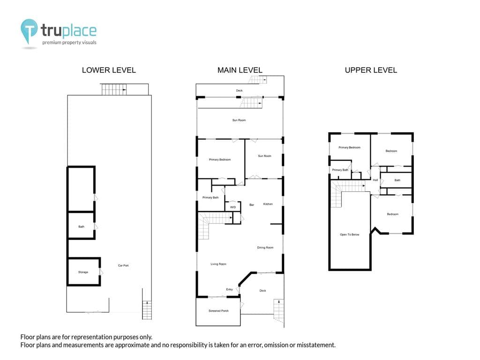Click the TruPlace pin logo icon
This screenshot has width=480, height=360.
tap(29, 30)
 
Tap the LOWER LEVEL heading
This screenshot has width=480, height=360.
tap(109, 70)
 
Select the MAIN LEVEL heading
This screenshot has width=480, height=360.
tap(240, 70)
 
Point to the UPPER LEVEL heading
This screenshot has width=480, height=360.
tap(371, 70)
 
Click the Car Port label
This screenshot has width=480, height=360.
tap(123, 265)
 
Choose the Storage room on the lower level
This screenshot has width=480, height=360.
tap(83, 272)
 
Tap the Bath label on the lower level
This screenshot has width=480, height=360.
tap(81, 226)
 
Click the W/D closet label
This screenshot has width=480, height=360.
tap(233, 207)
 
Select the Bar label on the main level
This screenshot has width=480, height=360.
tap(252, 205)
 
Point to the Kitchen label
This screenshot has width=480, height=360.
tap(268, 204)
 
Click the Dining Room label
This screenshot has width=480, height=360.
tap(265, 247)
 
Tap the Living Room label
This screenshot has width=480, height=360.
tap(218, 264)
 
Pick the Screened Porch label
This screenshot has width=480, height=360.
tap(218, 311)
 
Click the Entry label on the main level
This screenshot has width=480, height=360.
tap(229, 289)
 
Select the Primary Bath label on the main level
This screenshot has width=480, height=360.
tap(210, 197)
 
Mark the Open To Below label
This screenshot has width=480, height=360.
tap(350, 234)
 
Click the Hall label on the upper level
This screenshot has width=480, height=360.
tap(375, 180)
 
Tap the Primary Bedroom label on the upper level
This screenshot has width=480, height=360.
tap(349, 148)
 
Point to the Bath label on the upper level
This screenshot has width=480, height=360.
tap(397, 180)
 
